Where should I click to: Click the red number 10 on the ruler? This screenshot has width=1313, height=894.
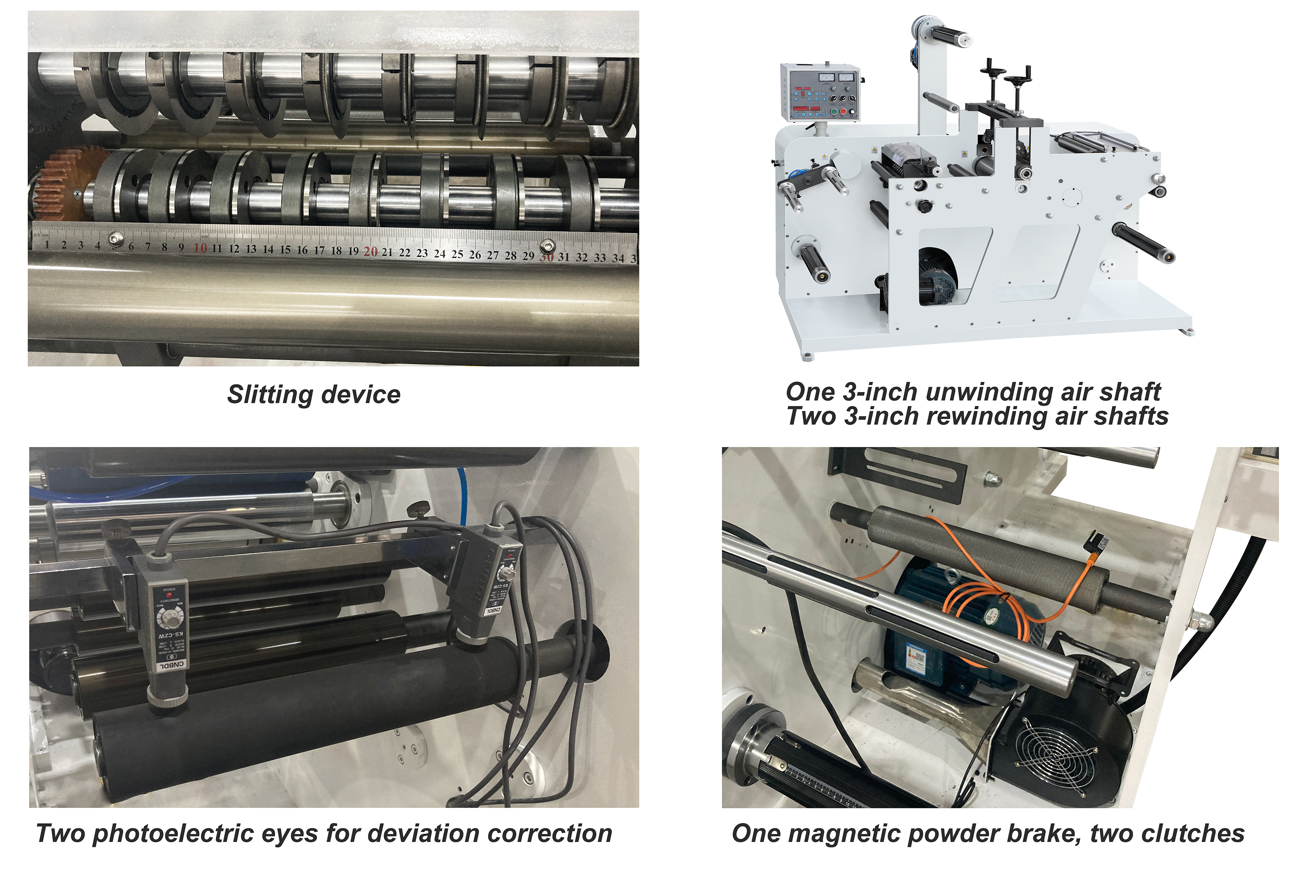point(200,248)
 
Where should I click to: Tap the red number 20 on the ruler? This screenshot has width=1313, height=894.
point(370,252)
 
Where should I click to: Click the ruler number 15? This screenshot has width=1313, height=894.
point(285,249)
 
